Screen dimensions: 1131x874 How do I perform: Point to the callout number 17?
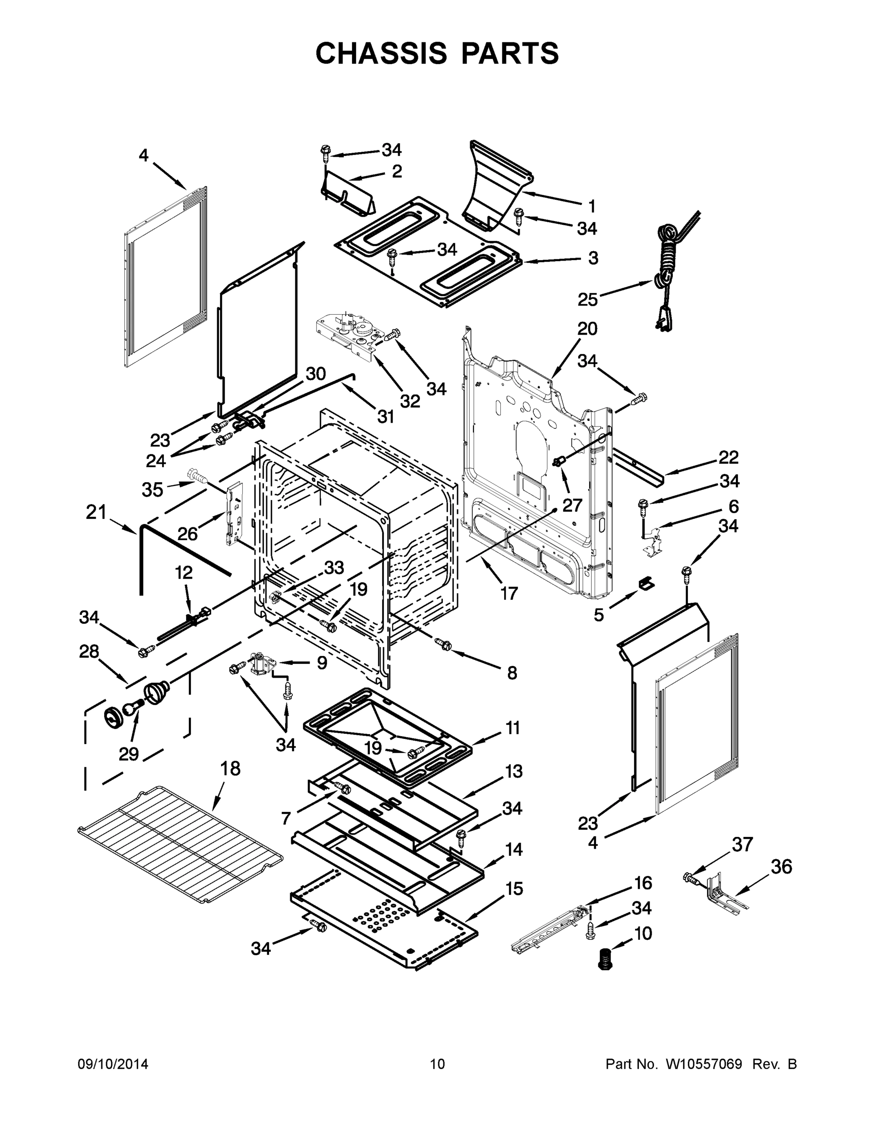point(508,593)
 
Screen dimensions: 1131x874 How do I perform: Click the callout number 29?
point(129,754)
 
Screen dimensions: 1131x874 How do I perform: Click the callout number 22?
point(728,457)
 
